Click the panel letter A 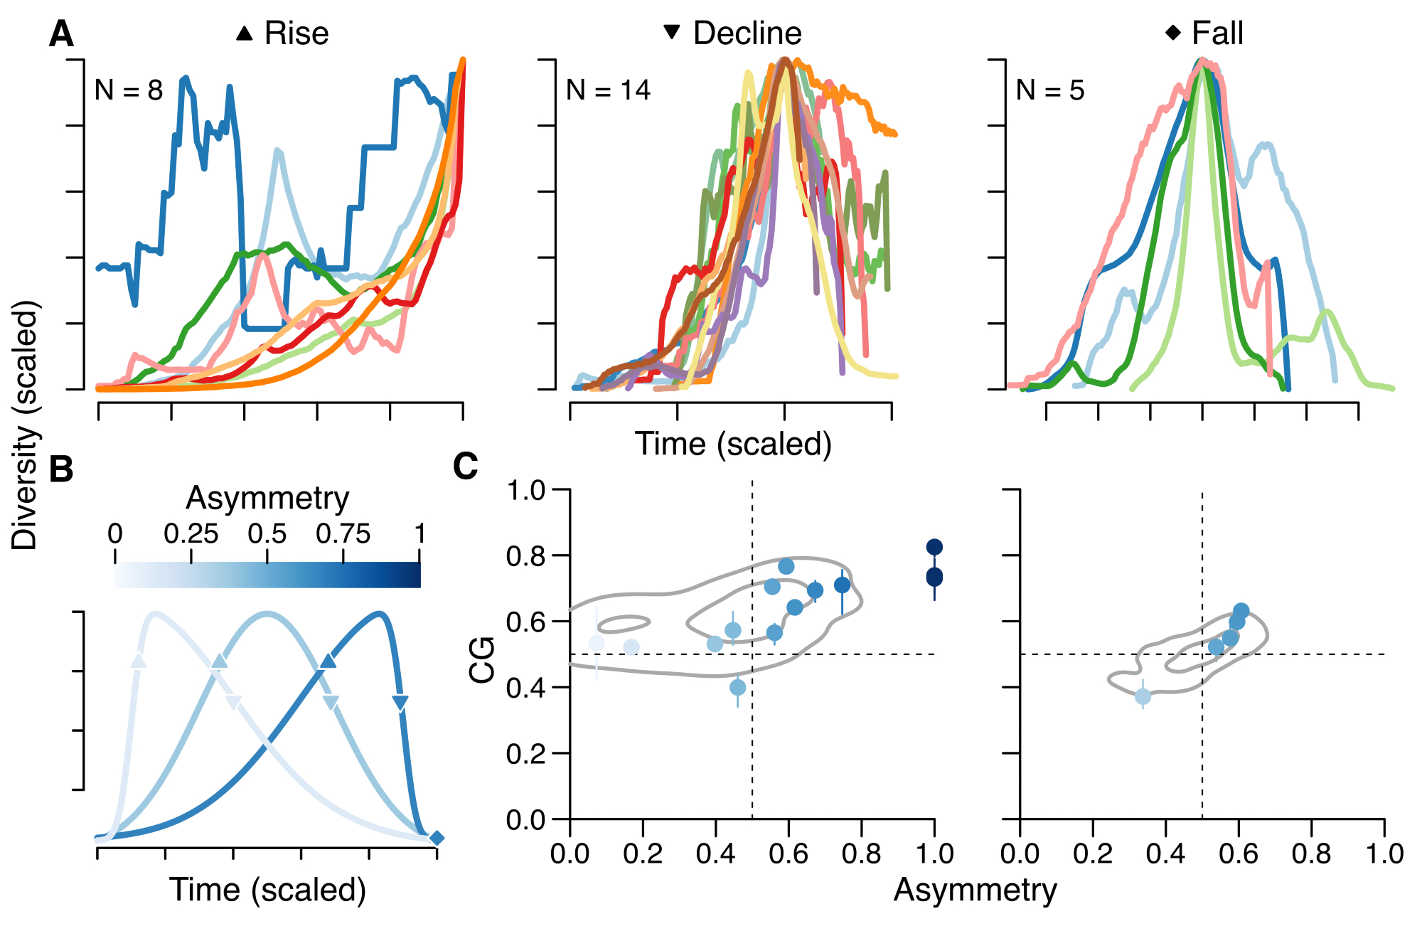61,34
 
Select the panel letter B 61,469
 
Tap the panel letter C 466,467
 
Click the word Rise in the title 296,33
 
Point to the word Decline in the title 747,33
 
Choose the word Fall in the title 1217,33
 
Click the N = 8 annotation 129,90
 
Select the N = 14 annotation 608,90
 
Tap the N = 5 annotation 1050,90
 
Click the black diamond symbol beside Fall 1173,32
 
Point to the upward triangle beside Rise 245,33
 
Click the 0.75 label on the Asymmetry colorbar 343,534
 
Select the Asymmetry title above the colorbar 267,498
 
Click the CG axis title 482,660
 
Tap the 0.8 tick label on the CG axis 525,556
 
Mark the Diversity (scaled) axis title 26,425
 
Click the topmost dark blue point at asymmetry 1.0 934,547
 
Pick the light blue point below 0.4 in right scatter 1143,696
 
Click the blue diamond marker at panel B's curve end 437,839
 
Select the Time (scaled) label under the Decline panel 733,444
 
